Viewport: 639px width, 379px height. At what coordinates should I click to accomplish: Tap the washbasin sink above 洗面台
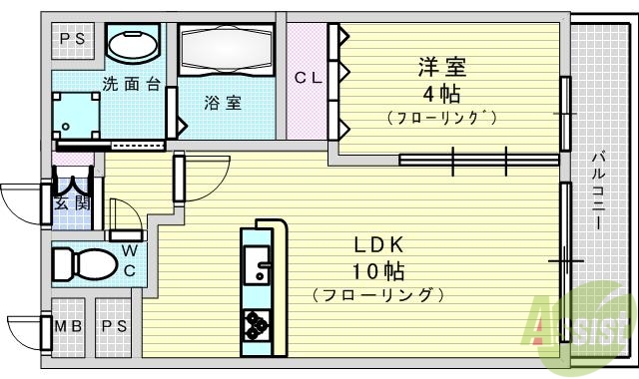(131, 45)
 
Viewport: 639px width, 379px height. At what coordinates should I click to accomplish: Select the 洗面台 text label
(131, 84)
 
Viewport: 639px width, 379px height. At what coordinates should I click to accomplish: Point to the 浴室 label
(223, 102)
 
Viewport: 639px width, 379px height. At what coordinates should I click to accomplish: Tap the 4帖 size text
(441, 95)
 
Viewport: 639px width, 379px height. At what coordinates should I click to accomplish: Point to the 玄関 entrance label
(69, 204)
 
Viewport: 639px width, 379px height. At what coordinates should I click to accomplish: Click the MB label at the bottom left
(69, 327)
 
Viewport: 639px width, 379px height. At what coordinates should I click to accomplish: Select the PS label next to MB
(114, 327)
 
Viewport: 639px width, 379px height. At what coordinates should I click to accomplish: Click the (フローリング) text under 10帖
(375, 295)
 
